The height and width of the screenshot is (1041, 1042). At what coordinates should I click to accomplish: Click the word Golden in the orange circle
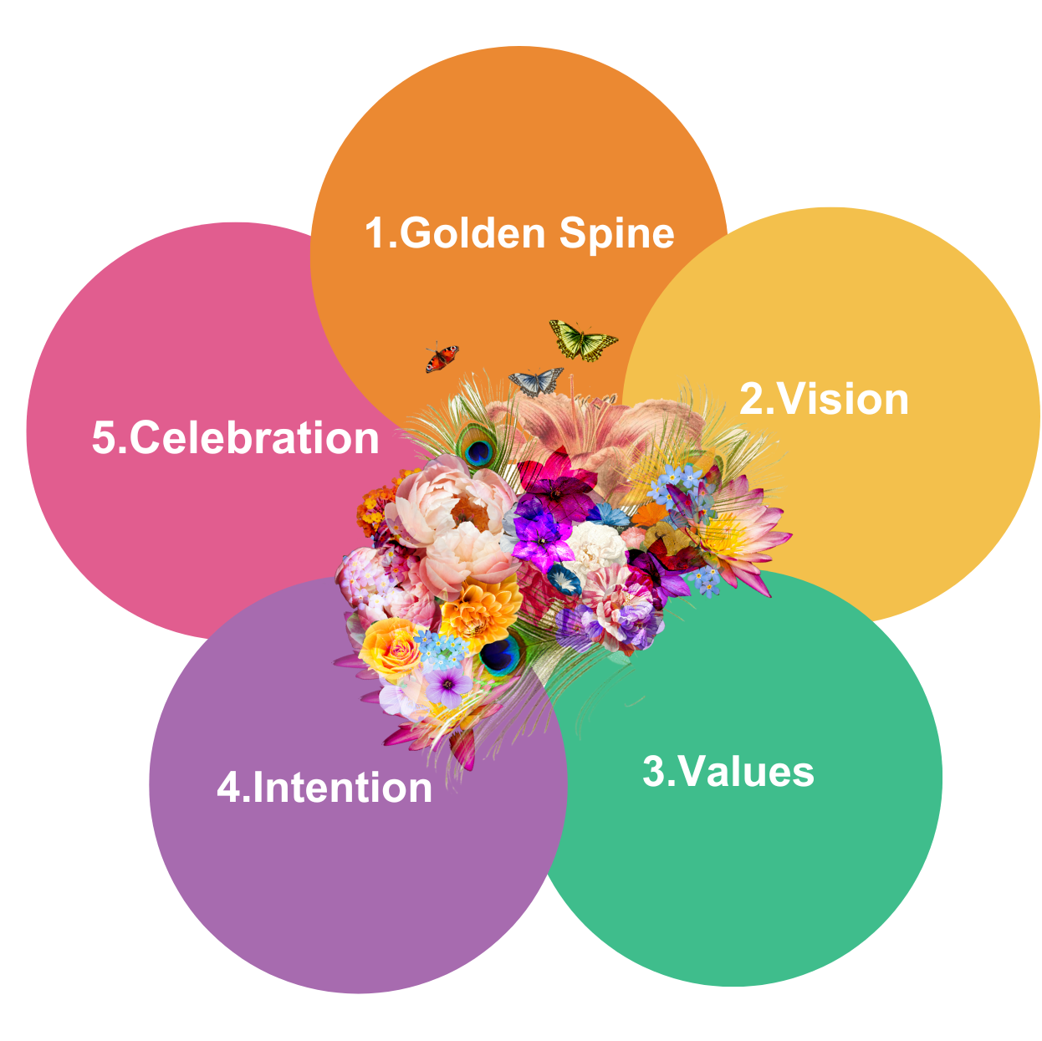[472, 233]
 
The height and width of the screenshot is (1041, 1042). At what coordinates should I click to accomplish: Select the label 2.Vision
[824, 399]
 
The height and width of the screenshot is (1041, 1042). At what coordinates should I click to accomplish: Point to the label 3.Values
[728, 771]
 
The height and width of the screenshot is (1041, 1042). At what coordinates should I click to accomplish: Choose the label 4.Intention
[324, 788]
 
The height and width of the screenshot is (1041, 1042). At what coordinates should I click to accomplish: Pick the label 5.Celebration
[235, 438]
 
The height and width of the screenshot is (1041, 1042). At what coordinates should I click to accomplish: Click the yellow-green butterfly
[583, 339]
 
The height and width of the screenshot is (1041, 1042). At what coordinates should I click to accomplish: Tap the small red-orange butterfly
[442, 358]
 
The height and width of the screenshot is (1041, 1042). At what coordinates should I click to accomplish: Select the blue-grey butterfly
[535, 381]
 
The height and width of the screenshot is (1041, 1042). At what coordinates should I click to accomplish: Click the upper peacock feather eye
[478, 452]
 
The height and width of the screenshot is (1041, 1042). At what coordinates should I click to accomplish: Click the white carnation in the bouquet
[596, 545]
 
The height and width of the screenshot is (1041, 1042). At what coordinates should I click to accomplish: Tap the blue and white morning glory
[564, 579]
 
